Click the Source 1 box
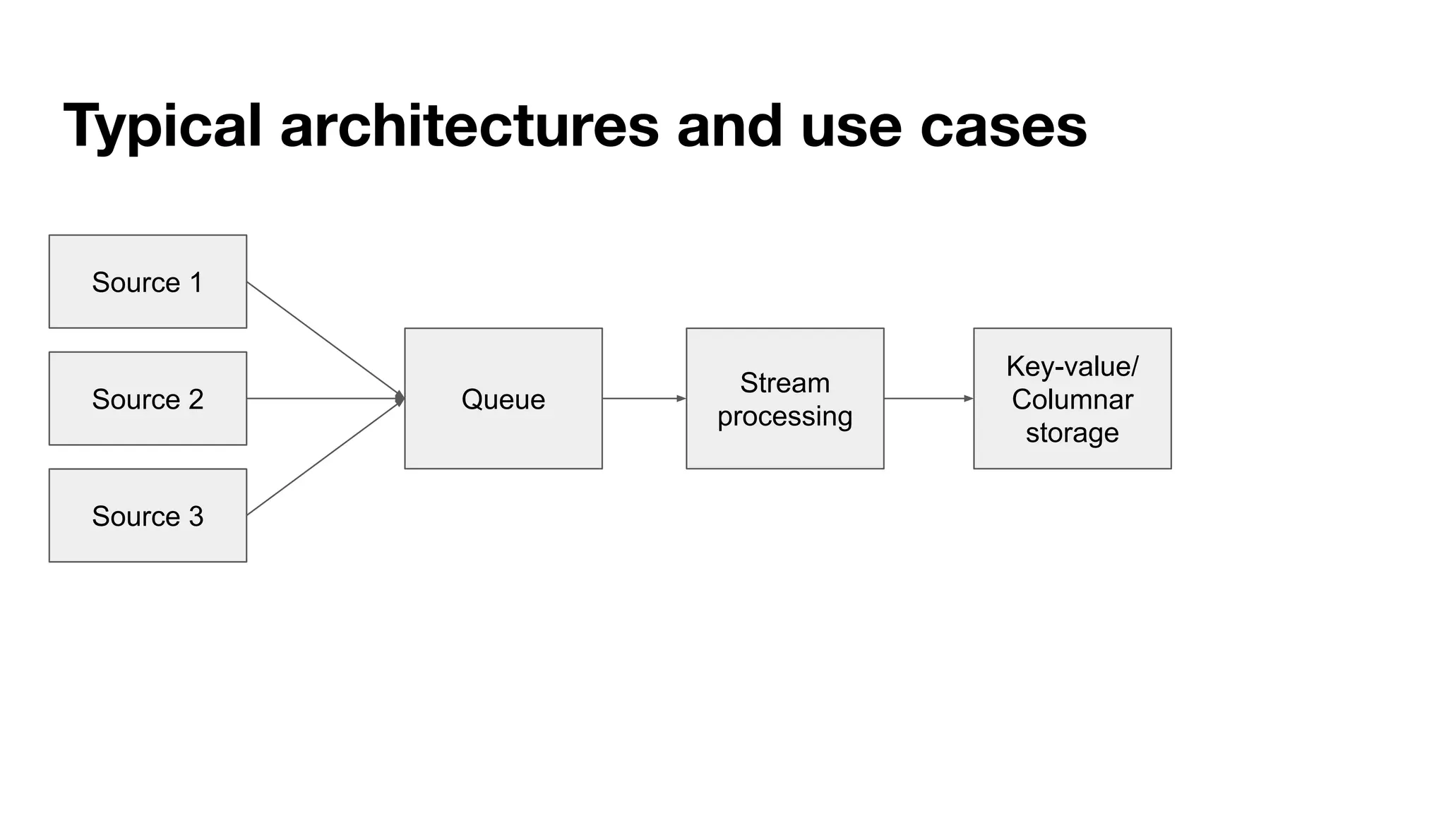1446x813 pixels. click(x=148, y=282)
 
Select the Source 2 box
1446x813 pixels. click(x=148, y=399)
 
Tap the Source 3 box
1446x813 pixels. click(x=148, y=516)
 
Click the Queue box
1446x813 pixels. click(x=503, y=399)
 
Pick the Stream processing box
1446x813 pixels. click(x=784, y=399)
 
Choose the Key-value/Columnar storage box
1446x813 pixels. click(x=1072, y=399)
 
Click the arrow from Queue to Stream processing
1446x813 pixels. click(x=643, y=399)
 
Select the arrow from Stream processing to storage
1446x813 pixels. click(x=928, y=399)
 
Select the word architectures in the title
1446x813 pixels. click(x=470, y=127)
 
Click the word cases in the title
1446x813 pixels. click(x=1003, y=127)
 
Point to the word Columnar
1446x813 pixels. click(x=1072, y=399)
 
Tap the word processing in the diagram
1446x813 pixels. click(x=784, y=416)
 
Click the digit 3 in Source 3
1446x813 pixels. click(x=196, y=516)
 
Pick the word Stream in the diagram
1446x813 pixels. click(x=784, y=383)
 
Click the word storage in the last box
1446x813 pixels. click(x=1072, y=433)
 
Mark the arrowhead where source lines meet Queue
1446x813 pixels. click(x=400, y=399)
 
